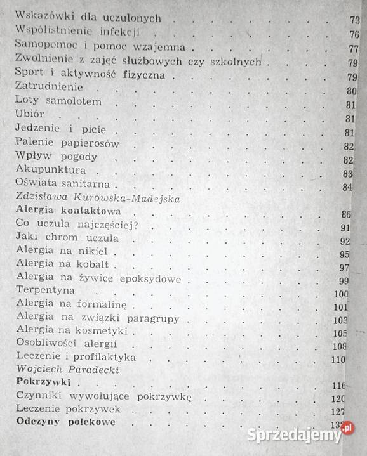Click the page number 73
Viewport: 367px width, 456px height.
click(354, 20)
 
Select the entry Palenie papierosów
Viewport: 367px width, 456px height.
click(67, 144)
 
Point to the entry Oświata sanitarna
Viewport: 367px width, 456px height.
click(63, 185)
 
